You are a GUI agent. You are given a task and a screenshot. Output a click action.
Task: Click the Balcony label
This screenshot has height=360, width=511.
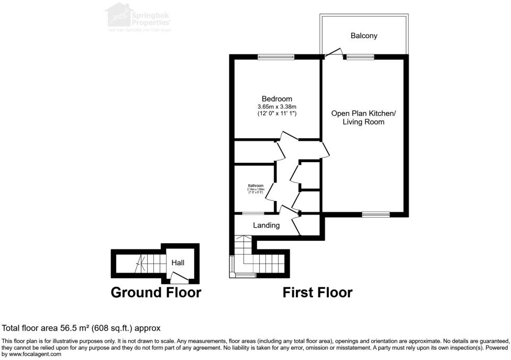tap(363, 36)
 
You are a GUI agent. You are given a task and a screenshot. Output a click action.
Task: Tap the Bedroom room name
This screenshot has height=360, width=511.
tap(277, 99)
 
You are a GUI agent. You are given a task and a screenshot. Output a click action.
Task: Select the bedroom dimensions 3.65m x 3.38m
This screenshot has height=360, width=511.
tap(277, 107)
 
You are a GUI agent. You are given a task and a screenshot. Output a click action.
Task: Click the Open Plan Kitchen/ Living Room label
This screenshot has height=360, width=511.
tap(363, 118)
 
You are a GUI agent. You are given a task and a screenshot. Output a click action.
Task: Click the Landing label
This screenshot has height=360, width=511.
tap(266, 226)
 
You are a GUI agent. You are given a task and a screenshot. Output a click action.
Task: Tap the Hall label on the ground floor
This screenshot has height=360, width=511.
tap(178, 263)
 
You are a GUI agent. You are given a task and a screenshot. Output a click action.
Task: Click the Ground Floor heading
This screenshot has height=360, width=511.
tap(155, 292)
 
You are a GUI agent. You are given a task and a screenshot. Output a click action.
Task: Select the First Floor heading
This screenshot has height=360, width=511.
tap(317, 292)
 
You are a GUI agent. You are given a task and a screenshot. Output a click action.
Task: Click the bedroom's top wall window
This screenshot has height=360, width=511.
tap(276, 57)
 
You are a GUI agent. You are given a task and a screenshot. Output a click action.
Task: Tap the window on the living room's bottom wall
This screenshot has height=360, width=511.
tap(376, 214)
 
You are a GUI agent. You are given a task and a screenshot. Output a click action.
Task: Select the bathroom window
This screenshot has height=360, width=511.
tap(252, 213)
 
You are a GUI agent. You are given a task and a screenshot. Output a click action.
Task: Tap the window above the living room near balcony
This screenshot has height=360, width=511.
tap(360, 57)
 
